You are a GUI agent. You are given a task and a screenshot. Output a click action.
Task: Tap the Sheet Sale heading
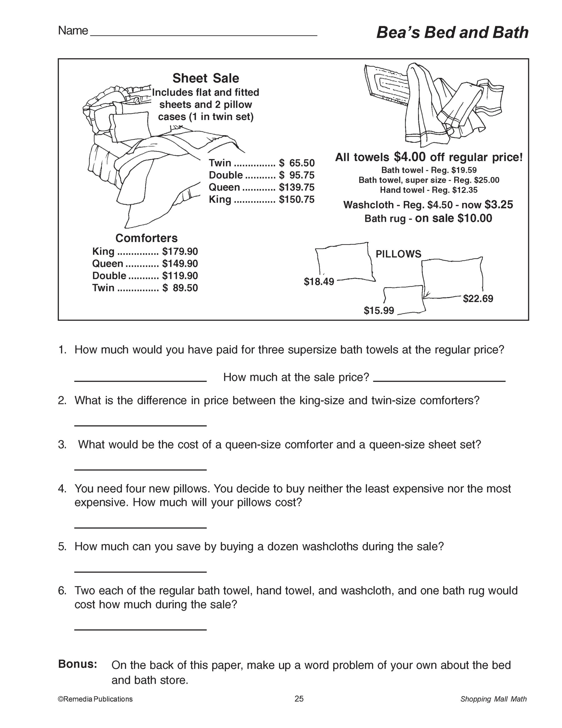205,78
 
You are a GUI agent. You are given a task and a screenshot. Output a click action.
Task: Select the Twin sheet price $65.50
297,163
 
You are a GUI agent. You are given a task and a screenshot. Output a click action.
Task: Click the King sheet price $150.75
297,199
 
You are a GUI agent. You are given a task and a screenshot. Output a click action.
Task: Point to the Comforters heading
146,238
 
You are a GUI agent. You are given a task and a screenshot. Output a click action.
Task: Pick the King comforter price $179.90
180,251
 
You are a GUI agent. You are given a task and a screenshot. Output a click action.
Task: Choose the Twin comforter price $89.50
180,288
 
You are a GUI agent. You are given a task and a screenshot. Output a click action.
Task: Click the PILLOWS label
398,254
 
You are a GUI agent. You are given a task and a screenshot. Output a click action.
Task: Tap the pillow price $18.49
319,282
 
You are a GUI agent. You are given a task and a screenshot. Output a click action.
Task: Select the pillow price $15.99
379,311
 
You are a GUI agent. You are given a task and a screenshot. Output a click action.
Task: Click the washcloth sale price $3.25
498,204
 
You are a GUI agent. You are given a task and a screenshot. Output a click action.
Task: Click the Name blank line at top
203,34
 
